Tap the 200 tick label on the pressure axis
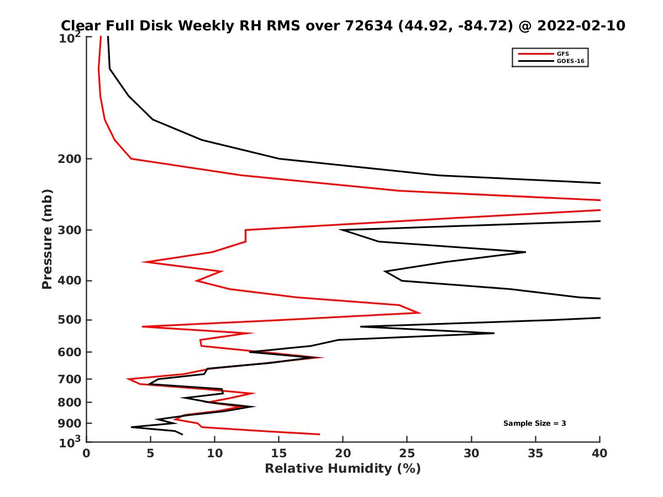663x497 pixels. [67, 159]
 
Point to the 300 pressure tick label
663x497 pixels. [67, 230]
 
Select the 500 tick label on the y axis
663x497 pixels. [67, 320]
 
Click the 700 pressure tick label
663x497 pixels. [67, 379]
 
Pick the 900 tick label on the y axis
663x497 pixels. [67, 424]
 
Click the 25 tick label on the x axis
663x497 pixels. [407, 453]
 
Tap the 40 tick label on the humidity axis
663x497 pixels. [599, 453]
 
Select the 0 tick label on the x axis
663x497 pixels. [86, 453]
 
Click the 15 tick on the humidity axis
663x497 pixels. [279, 453]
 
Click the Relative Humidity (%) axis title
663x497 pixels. [343, 469]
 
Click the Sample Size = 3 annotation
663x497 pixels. [534, 424]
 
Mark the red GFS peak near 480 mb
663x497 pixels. [420, 313]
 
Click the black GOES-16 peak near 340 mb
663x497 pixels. [525, 252]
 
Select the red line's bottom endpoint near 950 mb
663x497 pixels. [319, 434]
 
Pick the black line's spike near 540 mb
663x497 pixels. [493, 333]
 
